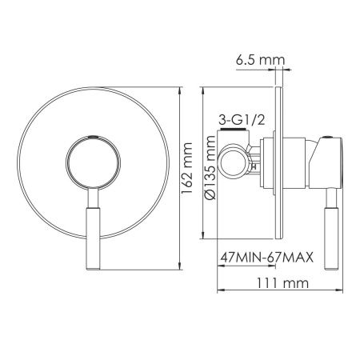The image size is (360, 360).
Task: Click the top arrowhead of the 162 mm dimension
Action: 178,86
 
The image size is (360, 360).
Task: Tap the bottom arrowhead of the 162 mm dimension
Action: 178,263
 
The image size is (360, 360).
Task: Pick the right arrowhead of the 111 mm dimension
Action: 338,290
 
